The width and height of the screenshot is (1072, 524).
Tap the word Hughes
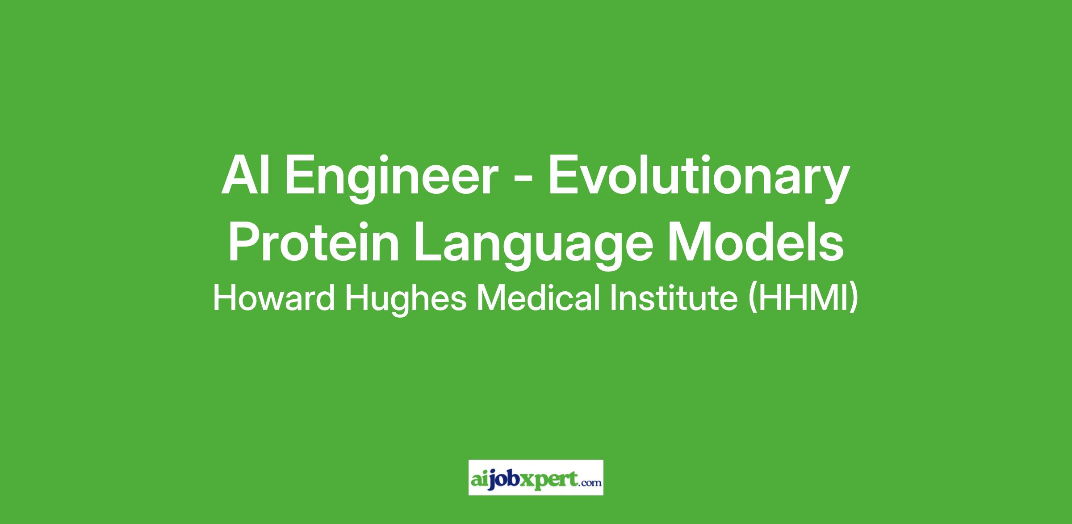[406, 301]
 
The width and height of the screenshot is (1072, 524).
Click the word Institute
[674, 298]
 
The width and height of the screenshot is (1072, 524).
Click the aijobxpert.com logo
[536, 477]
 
